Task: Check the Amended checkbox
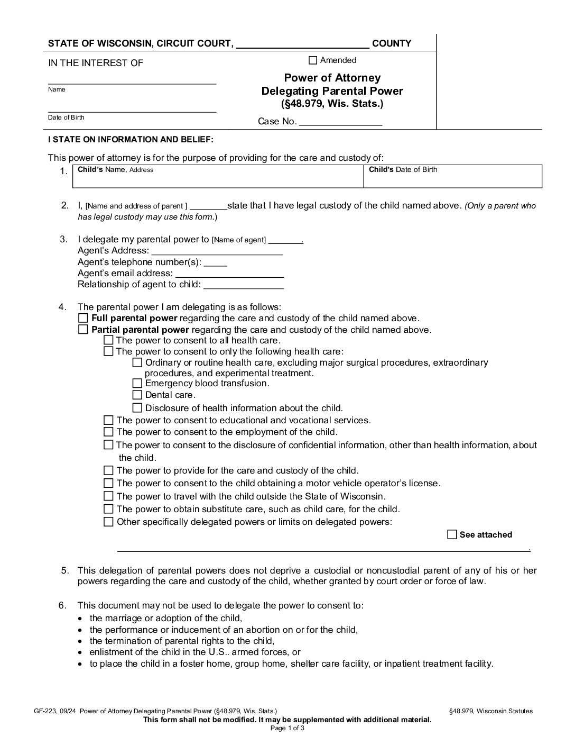pyautogui.click(x=313, y=60)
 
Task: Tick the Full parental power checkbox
pyautogui.click(x=83, y=319)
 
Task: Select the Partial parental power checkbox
pyautogui.click(x=83, y=330)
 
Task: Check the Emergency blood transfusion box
pyautogui.click(x=137, y=384)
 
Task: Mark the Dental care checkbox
pyautogui.click(x=137, y=395)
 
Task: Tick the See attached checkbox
pyautogui.click(x=452, y=534)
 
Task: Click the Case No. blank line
pyautogui.click(x=340, y=122)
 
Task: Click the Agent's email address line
pyautogui.click(x=229, y=274)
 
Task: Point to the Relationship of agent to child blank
pyautogui.click(x=243, y=285)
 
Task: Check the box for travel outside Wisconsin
pyautogui.click(x=108, y=496)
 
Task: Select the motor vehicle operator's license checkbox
pyautogui.click(x=108, y=483)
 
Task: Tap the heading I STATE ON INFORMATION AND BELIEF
pyautogui.click(x=131, y=140)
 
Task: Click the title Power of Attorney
pyautogui.click(x=332, y=78)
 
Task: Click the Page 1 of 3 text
pyautogui.click(x=287, y=728)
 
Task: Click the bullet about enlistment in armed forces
pyautogui.click(x=195, y=652)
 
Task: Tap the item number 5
pyautogui.click(x=64, y=570)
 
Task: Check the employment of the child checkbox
pyautogui.click(x=108, y=432)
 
